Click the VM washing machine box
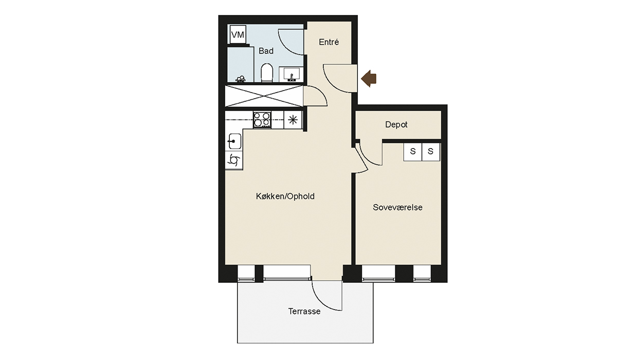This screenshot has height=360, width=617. (238, 34)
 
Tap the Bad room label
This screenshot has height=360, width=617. (266, 51)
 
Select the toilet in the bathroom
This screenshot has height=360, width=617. (267, 73)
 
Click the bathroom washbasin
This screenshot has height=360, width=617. (291, 75)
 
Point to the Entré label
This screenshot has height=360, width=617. (329, 42)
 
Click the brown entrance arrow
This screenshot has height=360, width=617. (369, 79)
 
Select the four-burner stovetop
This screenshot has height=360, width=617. (262, 119)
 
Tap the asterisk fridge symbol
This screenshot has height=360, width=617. (293, 120)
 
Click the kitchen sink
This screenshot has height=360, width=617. (234, 141)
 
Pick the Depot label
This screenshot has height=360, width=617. (396, 124)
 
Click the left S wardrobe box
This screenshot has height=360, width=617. (412, 152)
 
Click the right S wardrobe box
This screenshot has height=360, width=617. (431, 152)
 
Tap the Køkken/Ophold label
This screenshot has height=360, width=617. (285, 196)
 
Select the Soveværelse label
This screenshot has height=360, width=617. (397, 207)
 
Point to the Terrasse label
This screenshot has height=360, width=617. (304, 311)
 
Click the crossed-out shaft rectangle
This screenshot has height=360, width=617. (264, 96)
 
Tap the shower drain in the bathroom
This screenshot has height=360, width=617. (241, 79)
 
